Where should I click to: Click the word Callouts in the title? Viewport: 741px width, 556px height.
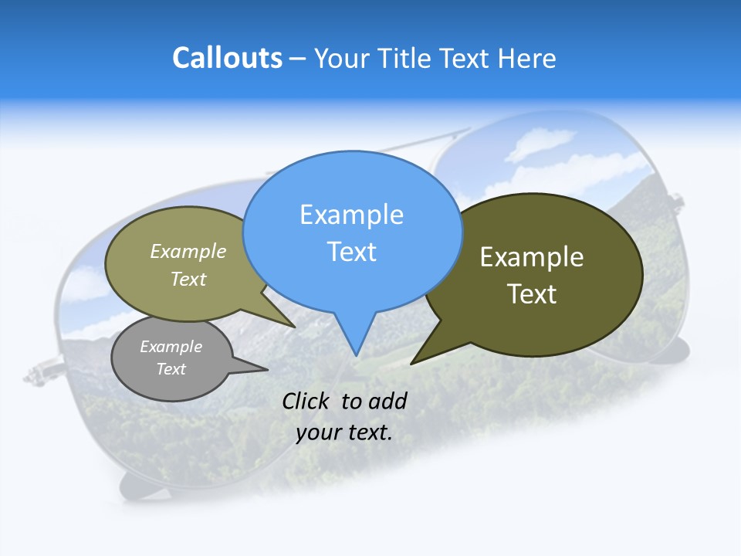point(227,58)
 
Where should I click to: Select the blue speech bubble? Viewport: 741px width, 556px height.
point(352,232)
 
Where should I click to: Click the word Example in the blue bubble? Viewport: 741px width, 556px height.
point(351,214)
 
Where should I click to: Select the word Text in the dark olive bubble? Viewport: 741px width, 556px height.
point(532,293)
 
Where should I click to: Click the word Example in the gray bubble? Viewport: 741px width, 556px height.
point(171,347)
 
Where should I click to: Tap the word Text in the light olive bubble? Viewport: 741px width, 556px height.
point(188,280)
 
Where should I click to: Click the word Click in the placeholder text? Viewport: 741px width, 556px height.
point(306,401)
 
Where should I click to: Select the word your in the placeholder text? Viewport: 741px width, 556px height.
point(319,432)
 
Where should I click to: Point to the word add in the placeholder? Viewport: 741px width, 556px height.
point(387,401)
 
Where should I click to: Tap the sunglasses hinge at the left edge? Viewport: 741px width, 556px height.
point(39,375)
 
